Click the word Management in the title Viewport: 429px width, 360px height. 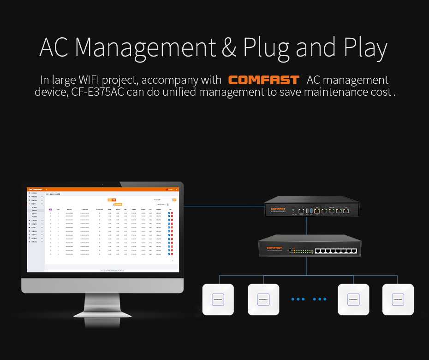145,47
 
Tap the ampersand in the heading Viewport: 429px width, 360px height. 229,47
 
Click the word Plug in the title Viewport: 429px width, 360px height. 266,48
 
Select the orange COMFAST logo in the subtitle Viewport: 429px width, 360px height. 264,80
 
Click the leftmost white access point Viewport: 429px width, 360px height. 218,299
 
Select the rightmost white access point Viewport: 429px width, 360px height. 398,299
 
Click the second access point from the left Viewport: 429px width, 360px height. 263,299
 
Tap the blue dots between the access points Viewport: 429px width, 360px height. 309,299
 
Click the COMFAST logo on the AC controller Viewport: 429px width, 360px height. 279,209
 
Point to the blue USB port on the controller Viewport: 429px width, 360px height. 307,211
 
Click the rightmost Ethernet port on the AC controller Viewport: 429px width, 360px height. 346,211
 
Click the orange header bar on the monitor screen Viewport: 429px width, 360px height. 102,189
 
